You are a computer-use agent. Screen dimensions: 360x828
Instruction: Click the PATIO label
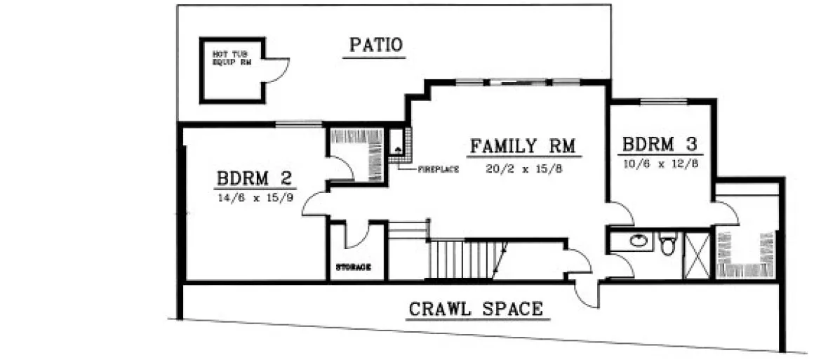click(x=376, y=46)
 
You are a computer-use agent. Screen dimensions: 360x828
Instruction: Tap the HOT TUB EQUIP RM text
click(x=229, y=57)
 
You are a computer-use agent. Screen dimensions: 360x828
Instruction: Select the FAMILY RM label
click(x=523, y=147)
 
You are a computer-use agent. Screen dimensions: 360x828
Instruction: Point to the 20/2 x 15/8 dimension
click(x=524, y=168)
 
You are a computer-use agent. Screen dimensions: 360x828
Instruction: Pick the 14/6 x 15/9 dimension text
click(x=255, y=197)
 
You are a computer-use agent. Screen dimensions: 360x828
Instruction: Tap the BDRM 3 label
click(x=659, y=145)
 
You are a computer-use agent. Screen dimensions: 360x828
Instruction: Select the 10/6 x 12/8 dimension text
click(x=659, y=164)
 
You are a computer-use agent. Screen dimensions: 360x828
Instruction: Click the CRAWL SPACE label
click(x=475, y=308)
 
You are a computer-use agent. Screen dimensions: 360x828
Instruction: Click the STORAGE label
click(x=353, y=267)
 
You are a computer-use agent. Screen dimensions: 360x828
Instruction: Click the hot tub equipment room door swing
click(x=276, y=68)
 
